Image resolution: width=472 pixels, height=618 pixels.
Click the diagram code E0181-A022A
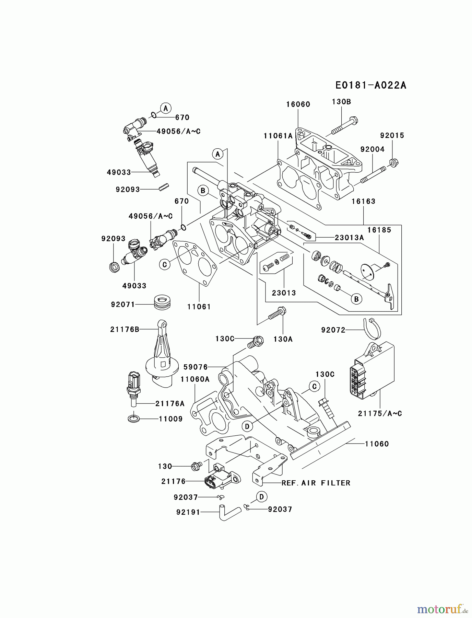point(370,85)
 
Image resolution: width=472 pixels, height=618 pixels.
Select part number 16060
point(298,104)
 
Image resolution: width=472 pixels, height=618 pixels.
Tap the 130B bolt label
point(341,102)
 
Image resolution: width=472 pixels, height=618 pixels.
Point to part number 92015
point(392,136)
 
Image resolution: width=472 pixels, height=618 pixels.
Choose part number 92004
point(372,149)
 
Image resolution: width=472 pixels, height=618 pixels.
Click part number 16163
point(363,202)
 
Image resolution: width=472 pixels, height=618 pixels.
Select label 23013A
point(348,238)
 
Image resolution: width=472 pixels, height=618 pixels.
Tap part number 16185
point(379,230)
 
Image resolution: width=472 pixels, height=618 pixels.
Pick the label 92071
point(123,305)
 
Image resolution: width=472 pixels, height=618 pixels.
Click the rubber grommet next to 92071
point(162,301)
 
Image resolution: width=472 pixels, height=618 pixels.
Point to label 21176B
point(125,330)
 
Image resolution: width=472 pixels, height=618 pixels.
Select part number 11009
point(170,419)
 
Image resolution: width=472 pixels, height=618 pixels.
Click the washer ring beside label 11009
point(133,419)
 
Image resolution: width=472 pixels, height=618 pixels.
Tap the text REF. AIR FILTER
point(316,483)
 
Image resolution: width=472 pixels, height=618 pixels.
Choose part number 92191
point(188,512)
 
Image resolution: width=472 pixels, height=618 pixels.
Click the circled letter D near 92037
point(261,496)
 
